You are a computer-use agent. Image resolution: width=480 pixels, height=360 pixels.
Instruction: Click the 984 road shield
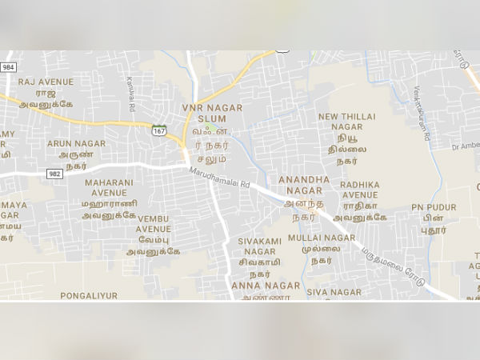(8, 67)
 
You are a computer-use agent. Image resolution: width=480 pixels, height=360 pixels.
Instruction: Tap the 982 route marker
(54, 173)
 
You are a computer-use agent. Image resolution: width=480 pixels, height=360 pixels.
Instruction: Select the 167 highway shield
(160, 130)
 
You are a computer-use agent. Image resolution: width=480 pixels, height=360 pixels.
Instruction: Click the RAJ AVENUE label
(46, 82)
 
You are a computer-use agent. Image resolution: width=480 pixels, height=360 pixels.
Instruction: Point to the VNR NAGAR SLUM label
(206, 113)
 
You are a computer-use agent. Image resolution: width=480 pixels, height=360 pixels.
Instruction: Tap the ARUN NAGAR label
(76, 143)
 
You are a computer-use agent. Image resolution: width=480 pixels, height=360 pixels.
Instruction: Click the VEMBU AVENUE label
(154, 223)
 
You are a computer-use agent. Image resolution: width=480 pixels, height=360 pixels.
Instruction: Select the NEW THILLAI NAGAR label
(346, 122)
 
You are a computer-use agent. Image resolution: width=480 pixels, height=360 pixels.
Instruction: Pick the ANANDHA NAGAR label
(304, 186)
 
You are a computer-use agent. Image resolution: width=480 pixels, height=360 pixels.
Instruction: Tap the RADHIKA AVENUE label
(359, 190)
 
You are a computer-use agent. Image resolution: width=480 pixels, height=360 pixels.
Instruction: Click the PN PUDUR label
(434, 207)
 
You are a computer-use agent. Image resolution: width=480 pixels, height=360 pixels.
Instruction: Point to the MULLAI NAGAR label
(322, 238)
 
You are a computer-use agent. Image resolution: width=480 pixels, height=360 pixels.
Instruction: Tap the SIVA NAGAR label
(334, 293)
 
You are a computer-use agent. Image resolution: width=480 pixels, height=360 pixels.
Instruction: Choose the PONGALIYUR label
(89, 295)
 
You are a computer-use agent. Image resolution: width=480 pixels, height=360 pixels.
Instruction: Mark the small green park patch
(209, 128)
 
